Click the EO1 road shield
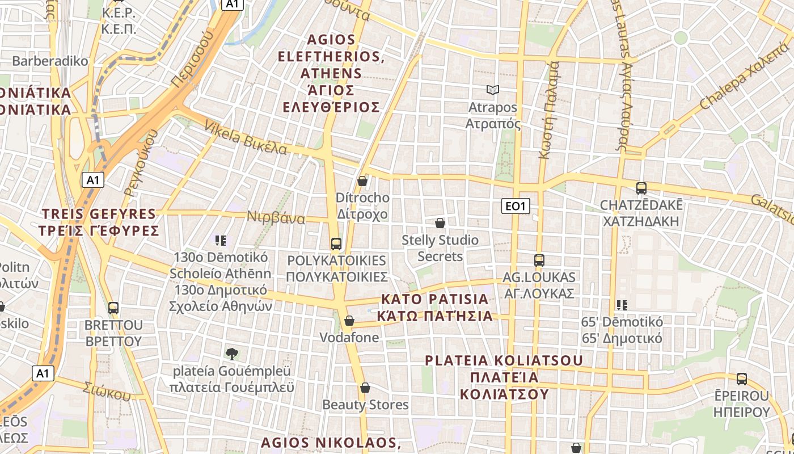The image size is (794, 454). click(516, 206)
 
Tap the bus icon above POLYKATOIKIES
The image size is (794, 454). click(336, 244)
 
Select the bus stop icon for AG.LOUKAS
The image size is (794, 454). click(539, 260)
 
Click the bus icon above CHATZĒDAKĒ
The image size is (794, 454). click(641, 188)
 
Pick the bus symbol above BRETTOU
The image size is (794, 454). click(113, 308)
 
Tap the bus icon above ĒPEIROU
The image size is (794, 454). click(741, 379)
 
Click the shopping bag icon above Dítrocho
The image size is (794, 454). click(362, 181)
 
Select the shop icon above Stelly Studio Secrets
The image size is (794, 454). click(440, 223)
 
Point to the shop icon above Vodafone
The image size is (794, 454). click(349, 321)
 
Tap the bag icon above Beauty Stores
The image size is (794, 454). click(365, 388)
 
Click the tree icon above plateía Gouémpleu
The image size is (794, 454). click(231, 354)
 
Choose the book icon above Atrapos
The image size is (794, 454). click(492, 90)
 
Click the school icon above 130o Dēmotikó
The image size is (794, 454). click(221, 241)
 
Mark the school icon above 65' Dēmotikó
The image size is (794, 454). click(622, 305)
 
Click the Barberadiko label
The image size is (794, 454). click(50, 61)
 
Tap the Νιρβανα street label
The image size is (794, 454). click(276, 217)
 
